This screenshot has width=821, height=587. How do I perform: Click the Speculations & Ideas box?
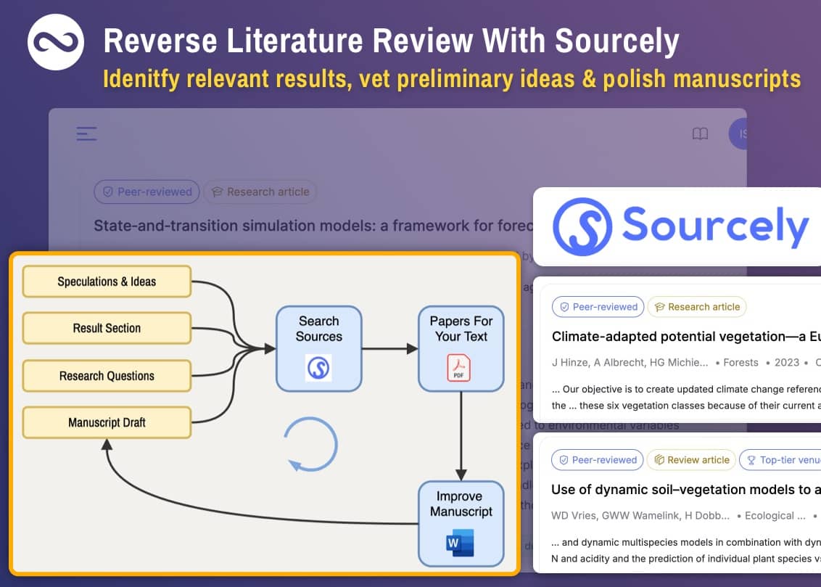click(x=107, y=282)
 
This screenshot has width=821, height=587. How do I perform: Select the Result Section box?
click(x=107, y=328)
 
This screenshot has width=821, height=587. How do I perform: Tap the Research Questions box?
click(x=107, y=376)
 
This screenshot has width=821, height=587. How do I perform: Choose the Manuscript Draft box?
click(x=107, y=422)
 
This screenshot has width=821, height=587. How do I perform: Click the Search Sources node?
click(x=318, y=348)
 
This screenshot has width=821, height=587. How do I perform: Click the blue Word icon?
click(x=461, y=543)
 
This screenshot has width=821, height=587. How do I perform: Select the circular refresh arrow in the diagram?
click(x=310, y=444)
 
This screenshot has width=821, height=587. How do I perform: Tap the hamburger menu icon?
click(x=87, y=134)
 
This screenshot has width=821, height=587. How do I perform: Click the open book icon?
click(x=700, y=134)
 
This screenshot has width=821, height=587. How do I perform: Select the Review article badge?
click(x=692, y=459)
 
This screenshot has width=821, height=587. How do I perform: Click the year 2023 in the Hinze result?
click(x=786, y=362)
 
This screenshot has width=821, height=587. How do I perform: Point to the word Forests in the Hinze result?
click(x=740, y=362)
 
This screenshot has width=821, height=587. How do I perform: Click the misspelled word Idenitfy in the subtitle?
click(x=141, y=78)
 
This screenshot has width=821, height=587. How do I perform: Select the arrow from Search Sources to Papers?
click(x=389, y=348)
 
